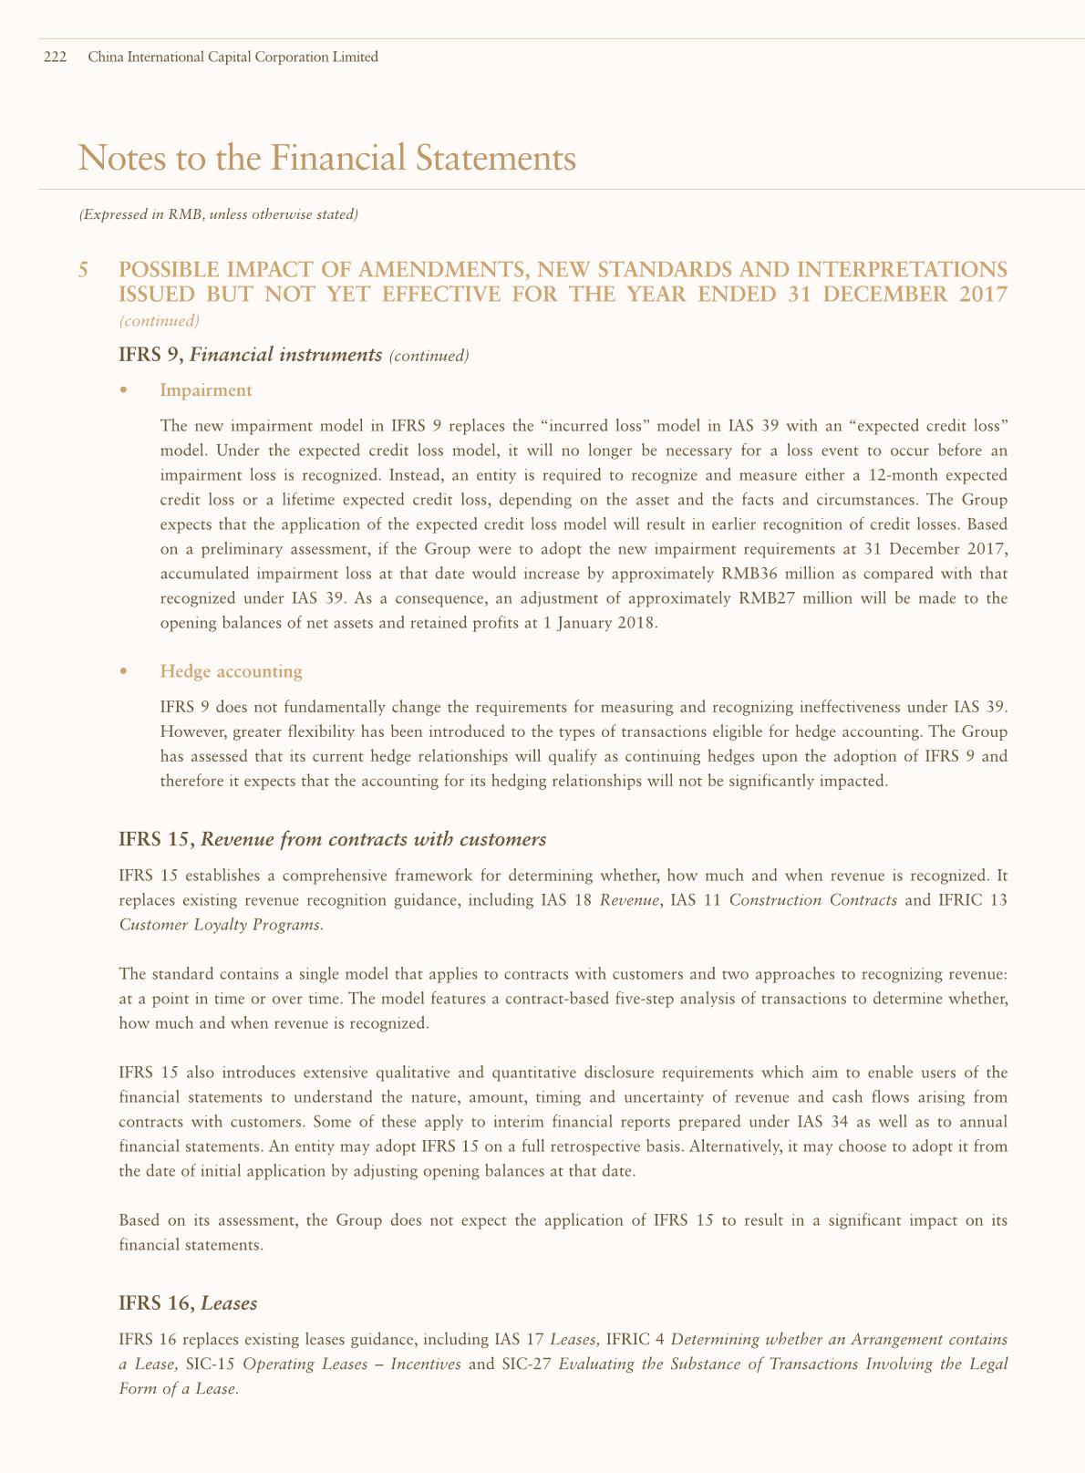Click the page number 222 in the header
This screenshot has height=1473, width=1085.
click(x=55, y=57)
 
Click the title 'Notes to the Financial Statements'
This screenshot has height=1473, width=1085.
click(x=327, y=159)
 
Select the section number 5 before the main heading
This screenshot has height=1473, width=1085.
click(x=84, y=270)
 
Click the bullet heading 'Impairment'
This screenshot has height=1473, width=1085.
click(x=205, y=390)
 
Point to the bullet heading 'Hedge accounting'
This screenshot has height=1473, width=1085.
click(x=231, y=671)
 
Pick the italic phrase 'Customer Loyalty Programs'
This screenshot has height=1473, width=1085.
click(x=220, y=924)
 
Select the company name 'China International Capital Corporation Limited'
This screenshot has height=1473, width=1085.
click(x=232, y=57)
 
